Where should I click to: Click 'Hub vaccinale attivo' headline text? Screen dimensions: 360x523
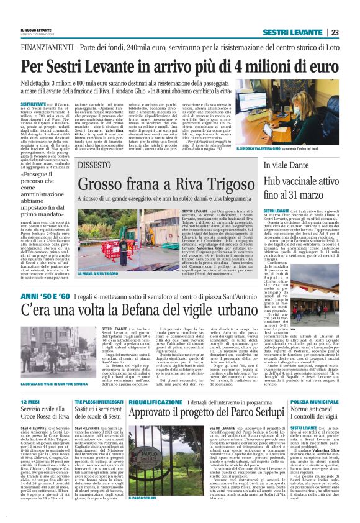point(298,181)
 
